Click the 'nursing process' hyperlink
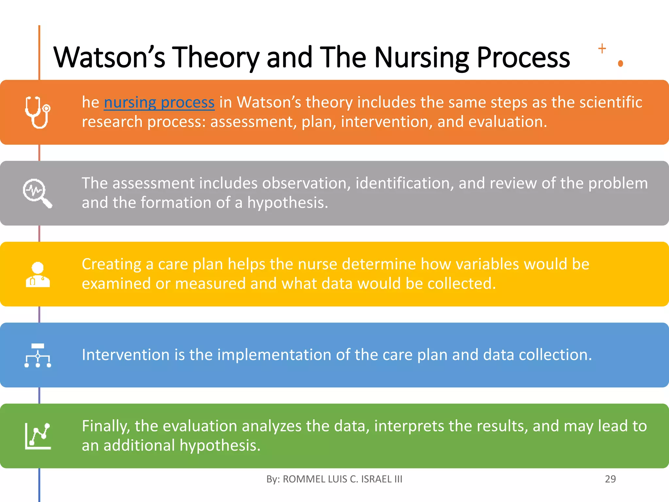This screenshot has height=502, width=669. [159, 102]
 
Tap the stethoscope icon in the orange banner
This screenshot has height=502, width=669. [38, 112]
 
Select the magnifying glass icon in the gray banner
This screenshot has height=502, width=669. [37, 193]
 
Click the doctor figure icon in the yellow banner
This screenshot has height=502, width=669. [38, 275]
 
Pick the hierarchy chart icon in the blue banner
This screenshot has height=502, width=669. [38, 355]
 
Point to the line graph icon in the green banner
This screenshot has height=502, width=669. [38, 436]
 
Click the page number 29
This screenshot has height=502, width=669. [610, 479]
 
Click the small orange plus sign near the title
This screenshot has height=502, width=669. [602, 49]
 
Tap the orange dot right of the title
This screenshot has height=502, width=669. [621, 63]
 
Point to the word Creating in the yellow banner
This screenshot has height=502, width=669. [111, 264]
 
